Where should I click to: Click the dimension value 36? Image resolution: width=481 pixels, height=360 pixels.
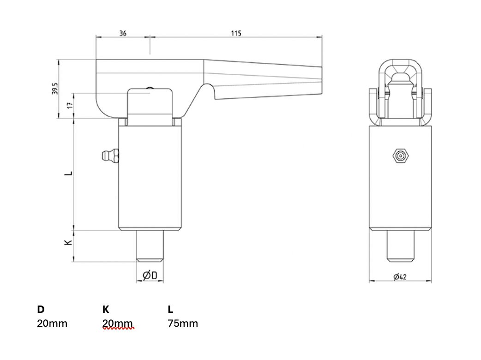pyautogui.click(x=123, y=33)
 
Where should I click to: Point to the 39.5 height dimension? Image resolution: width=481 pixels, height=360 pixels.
pyautogui.click(x=55, y=89)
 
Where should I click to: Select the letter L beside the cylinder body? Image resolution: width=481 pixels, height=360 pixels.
pyautogui.click(x=68, y=174)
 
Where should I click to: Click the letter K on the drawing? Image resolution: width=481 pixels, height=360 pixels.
pyautogui.click(x=68, y=242)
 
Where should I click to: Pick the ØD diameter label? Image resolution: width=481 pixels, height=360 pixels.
pyautogui.click(x=150, y=276)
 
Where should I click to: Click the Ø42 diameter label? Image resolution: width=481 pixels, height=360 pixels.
pyautogui.click(x=400, y=277)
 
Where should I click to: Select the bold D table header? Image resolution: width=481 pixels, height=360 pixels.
pyautogui.click(x=41, y=309)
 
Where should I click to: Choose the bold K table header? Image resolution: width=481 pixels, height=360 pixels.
pyautogui.click(x=106, y=309)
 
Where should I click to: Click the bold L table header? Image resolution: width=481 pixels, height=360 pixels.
pyautogui.click(x=170, y=309)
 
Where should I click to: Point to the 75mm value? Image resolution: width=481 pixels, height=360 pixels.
pyautogui.click(x=183, y=323)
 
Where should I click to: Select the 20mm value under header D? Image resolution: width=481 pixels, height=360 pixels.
pyautogui.click(x=52, y=323)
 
